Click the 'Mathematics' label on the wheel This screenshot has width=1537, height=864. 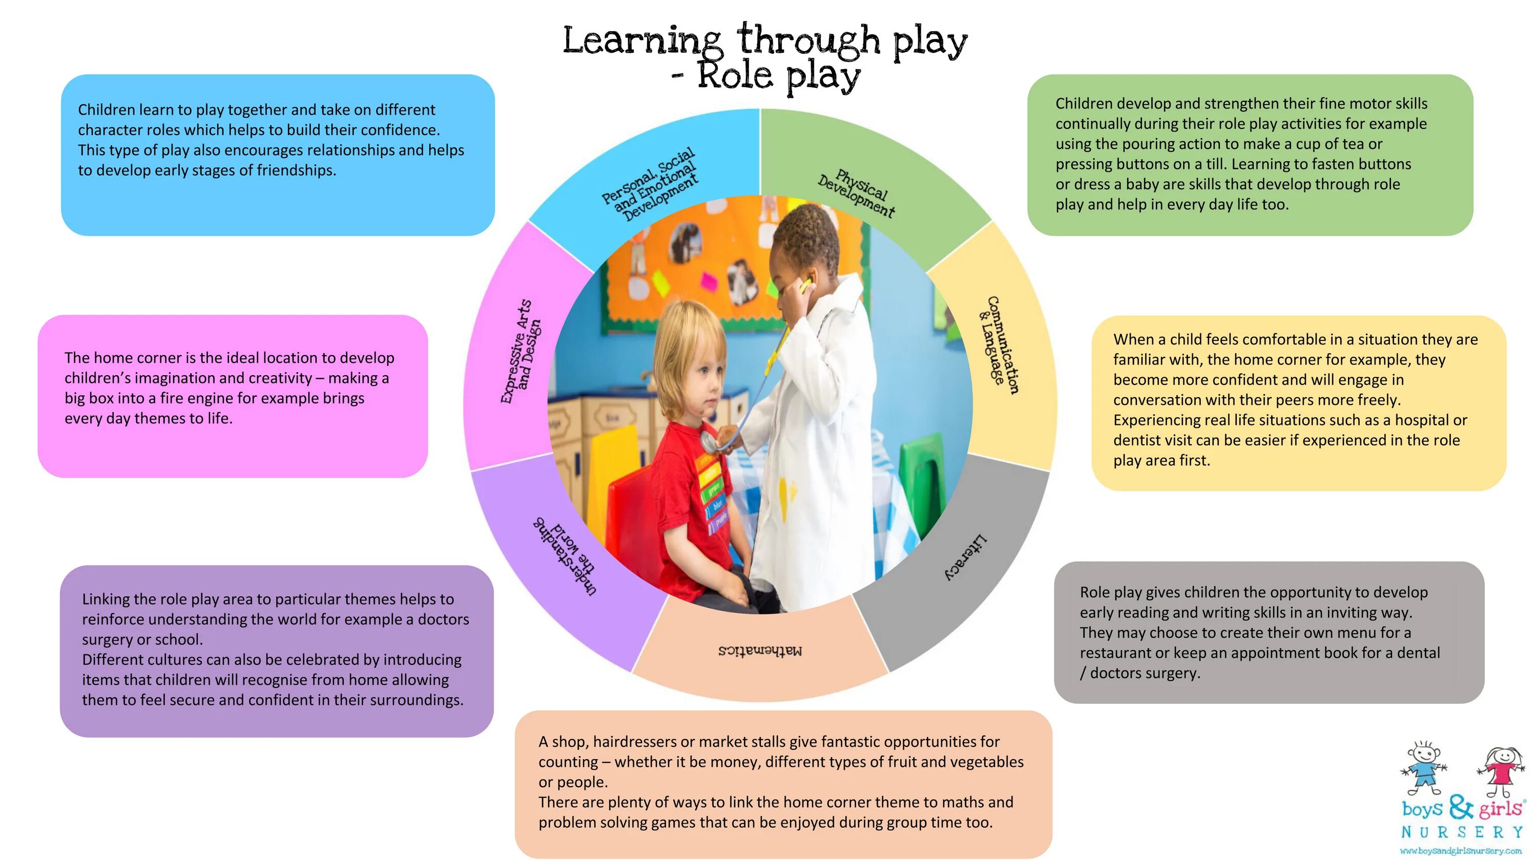760,651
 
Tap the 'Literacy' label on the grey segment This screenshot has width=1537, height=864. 965,557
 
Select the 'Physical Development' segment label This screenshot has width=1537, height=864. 857,193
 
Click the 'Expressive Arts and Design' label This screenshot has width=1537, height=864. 521,352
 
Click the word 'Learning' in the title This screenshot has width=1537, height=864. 642,40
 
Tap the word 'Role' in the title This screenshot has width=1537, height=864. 735,76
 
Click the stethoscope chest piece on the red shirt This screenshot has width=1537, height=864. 710,442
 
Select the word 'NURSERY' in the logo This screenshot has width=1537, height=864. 1462,832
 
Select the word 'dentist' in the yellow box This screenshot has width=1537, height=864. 1138,440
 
